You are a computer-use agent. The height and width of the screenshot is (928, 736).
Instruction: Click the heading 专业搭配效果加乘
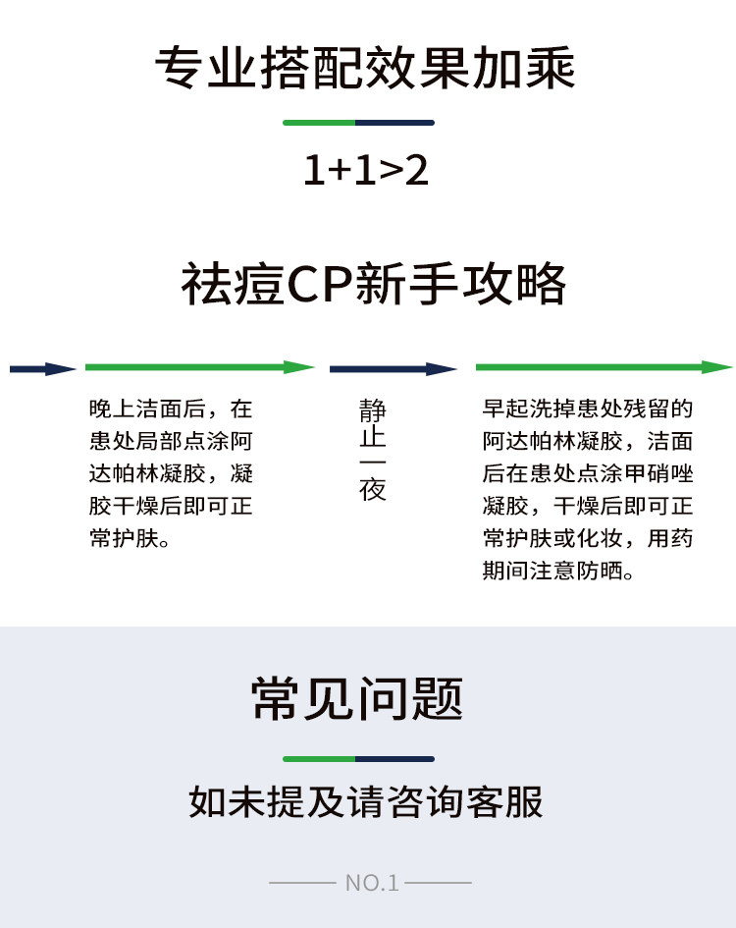point(365,69)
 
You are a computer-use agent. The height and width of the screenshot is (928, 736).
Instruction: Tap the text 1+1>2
point(365,172)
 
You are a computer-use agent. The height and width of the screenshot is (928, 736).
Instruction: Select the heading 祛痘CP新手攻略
point(374,285)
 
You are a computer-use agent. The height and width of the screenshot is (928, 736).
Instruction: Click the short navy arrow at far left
point(42,369)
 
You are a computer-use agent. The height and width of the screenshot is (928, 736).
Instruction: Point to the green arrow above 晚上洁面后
point(199,367)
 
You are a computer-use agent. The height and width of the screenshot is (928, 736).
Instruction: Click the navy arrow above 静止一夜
point(393,369)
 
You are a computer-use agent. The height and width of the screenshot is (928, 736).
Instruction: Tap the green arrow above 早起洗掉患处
point(604,367)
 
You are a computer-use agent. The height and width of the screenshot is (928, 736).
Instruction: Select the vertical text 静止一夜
point(373,450)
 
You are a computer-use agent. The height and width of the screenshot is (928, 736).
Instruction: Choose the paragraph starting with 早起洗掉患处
point(588,489)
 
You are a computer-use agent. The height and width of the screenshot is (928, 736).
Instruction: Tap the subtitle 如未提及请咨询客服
point(365,802)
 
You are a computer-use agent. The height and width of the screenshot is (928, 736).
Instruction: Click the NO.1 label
point(372,883)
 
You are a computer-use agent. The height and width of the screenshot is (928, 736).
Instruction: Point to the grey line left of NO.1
point(301,883)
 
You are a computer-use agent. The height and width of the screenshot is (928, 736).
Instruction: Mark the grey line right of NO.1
point(439,883)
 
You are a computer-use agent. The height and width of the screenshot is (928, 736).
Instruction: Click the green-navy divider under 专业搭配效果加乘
point(358,123)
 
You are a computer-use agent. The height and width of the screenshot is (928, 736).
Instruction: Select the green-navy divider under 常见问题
point(358,759)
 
